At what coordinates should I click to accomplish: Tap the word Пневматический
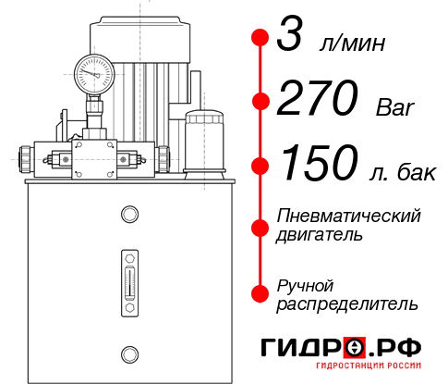pos(349,216)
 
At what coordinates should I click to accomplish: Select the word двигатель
pos(320,234)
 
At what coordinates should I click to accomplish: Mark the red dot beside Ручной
pos(260,292)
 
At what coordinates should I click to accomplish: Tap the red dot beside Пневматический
pos(260,225)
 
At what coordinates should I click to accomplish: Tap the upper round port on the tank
pos(127,216)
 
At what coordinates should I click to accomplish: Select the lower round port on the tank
pos(127,353)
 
